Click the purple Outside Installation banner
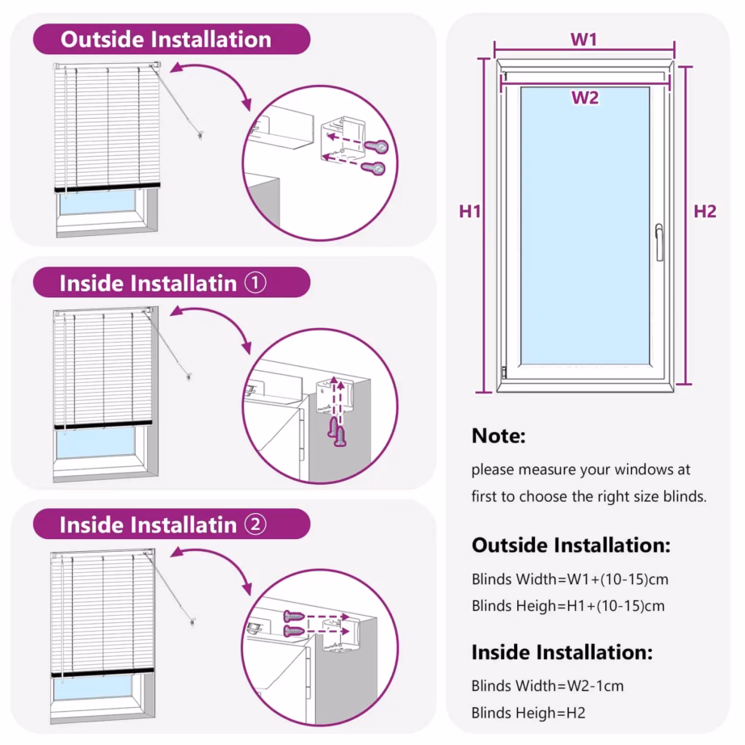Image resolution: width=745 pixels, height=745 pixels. tap(170, 39)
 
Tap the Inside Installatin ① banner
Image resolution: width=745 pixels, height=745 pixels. tap(170, 283)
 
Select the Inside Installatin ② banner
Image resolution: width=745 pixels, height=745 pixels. tap(170, 524)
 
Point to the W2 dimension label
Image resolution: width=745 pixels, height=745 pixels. tap(584, 99)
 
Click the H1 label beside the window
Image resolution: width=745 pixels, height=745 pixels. tap(470, 212)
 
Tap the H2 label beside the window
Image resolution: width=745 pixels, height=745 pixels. tap(705, 212)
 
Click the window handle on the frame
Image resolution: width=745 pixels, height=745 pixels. tap(659, 242)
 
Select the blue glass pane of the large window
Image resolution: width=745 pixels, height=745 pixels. tap(584, 226)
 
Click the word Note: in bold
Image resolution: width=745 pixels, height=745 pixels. tap(499, 436)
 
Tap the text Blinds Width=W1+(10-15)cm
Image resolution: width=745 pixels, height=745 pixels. tap(570, 579)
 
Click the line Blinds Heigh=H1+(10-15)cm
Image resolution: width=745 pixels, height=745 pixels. tap(568, 605)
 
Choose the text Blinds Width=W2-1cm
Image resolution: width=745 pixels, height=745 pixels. tap(547, 686)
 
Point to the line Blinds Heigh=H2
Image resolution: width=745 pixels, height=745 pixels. tap(528, 713)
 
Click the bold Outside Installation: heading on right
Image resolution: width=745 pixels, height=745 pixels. tap(570, 545)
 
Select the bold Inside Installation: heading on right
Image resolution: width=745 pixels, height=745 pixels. tap(562, 652)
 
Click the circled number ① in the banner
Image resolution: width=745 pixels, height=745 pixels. tap(255, 283)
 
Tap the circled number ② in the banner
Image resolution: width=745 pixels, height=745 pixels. tap(255, 524)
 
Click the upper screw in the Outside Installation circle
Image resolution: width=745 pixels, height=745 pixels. tap(377, 145)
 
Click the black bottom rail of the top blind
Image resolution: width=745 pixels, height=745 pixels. tap(107, 187)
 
